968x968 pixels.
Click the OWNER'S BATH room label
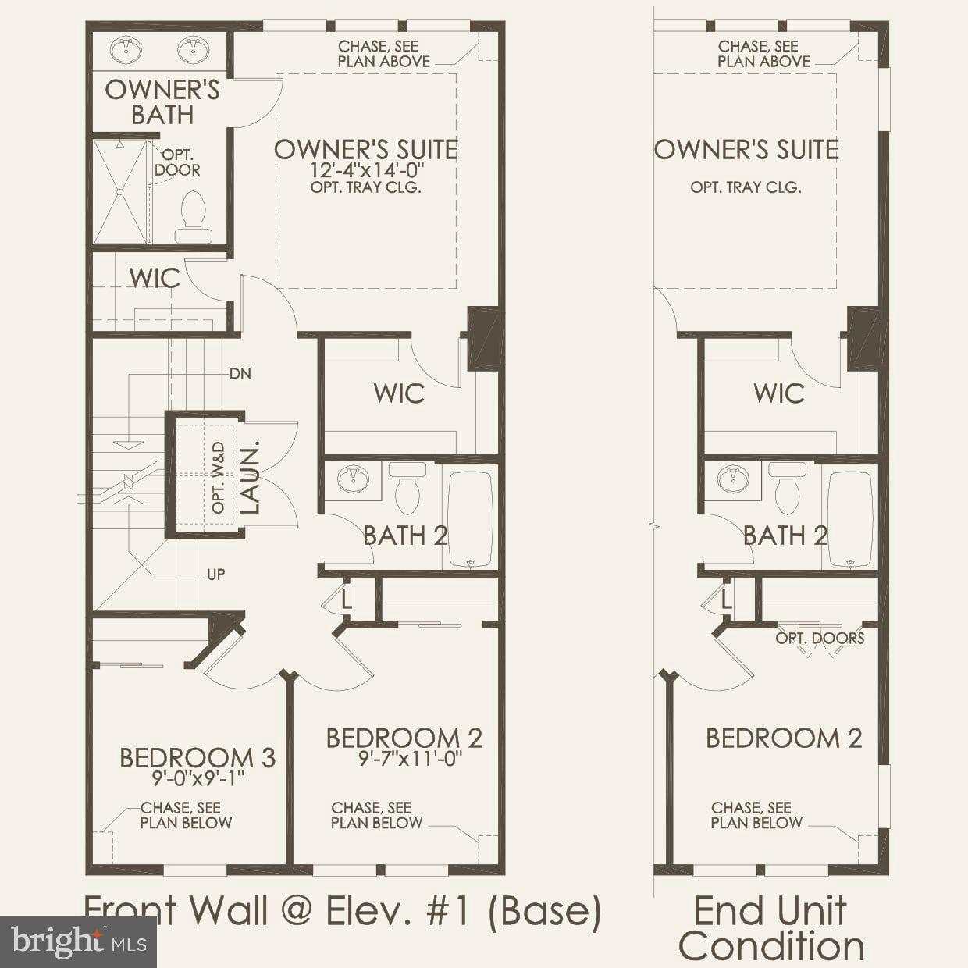(x=162, y=101)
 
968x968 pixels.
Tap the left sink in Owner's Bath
(x=125, y=51)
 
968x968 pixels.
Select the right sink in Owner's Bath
(x=191, y=51)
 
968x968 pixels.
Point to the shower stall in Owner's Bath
(x=120, y=191)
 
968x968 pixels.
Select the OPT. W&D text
(x=219, y=478)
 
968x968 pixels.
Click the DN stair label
(x=240, y=374)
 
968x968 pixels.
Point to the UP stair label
(x=216, y=575)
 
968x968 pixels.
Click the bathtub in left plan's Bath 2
(x=470, y=519)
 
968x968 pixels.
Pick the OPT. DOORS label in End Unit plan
(x=820, y=638)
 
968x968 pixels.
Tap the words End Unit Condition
(x=770, y=929)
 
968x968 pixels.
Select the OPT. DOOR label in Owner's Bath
(x=177, y=163)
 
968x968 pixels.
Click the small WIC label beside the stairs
(x=155, y=278)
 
